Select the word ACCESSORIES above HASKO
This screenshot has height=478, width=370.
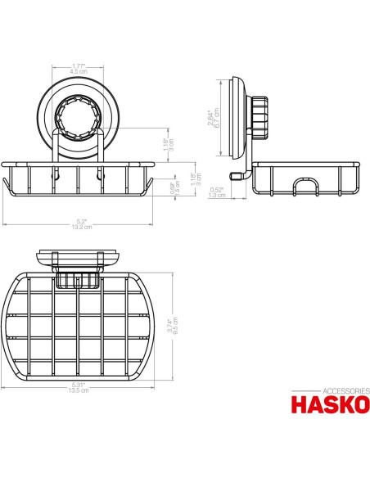[332, 390]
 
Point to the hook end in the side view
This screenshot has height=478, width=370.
[240, 174]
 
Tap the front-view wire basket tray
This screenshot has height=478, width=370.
[79, 180]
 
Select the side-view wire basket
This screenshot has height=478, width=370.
[305, 179]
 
